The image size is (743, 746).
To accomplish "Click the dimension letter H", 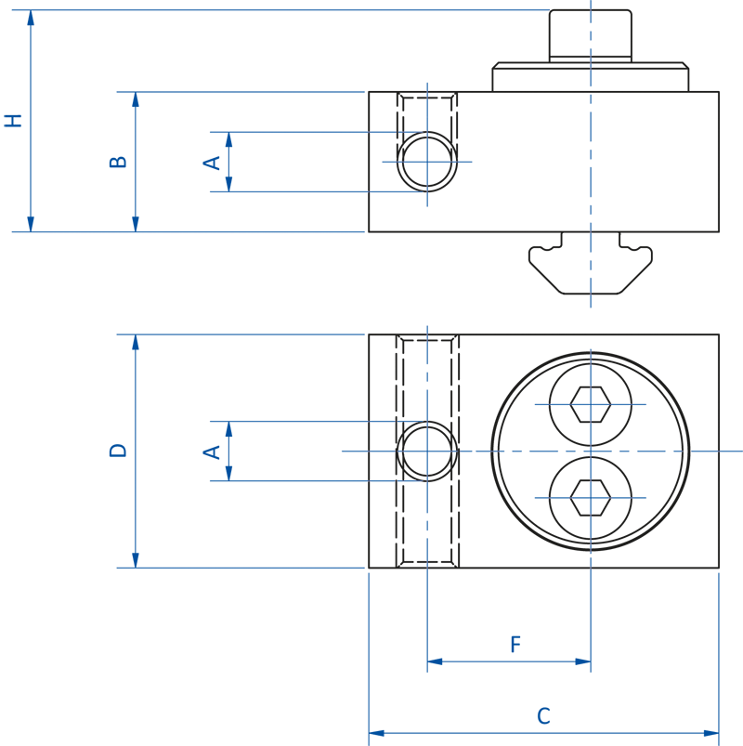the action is pos(13,120).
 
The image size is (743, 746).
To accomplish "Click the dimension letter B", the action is pos(119,161).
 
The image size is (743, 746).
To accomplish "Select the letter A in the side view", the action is pos(213,163).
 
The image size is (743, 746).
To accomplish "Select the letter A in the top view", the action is pos(213,452).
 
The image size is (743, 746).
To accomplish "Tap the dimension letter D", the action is pos(118,450).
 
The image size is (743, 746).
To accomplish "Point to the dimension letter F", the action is pos(515,645).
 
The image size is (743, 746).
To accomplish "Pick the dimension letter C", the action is pos(543,716).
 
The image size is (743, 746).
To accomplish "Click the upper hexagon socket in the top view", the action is pos(590,404).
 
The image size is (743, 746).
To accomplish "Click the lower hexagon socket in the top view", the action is pos(590,497).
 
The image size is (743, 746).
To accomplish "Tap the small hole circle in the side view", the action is pos(427,162).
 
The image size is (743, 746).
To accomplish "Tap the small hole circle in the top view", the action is pos(427,452).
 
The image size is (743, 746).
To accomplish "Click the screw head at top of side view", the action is pos(590,35).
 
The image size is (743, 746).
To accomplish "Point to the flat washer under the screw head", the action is pos(590,77).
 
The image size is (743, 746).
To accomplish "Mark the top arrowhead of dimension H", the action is pos(31,18).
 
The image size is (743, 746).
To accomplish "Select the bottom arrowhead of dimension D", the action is pos(136,560).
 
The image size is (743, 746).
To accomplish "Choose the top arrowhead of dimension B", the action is pos(136,99).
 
